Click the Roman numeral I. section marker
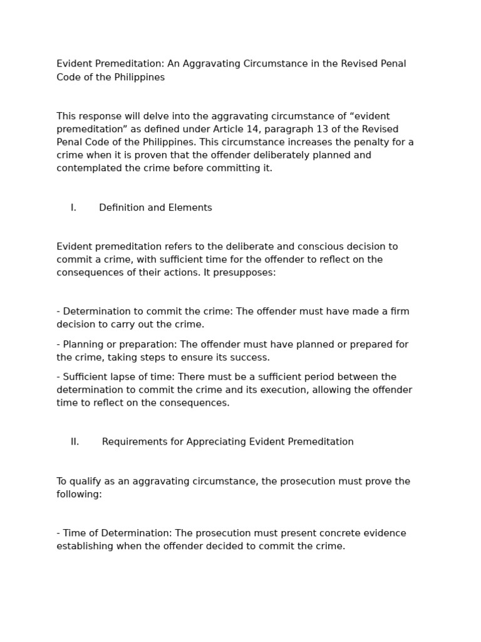pyautogui.click(x=73, y=208)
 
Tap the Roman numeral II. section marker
pyautogui.click(x=75, y=442)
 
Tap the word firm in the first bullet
pyautogui.click(x=399, y=312)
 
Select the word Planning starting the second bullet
pyautogui.click(x=84, y=344)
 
